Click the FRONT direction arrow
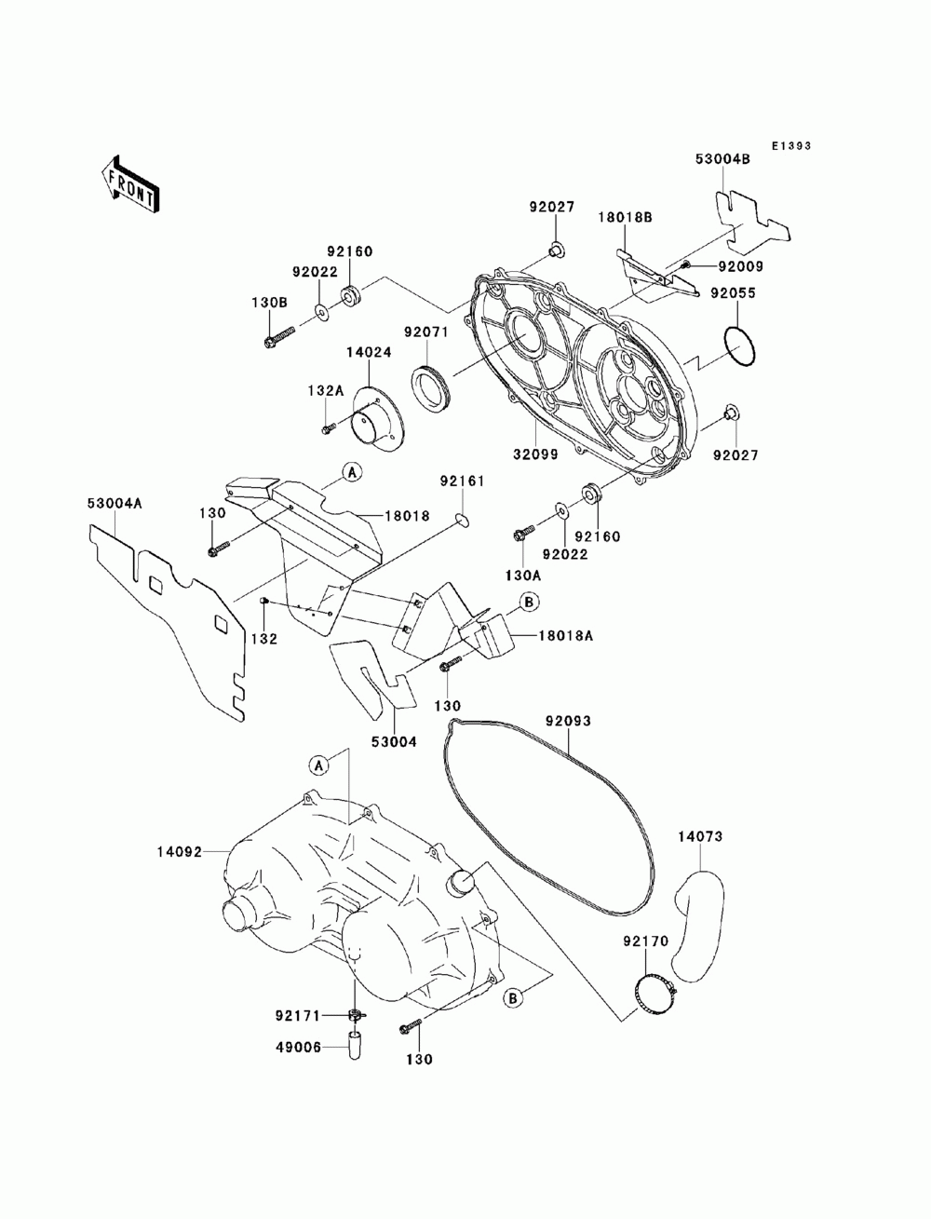[x=129, y=183]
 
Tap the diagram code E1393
[x=790, y=146]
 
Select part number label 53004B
[x=722, y=159]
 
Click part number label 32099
[x=535, y=454]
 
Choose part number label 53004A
[x=115, y=503]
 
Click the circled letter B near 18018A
[x=529, y=602]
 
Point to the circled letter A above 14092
[x=318, y=765]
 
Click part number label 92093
[x=568, y=721]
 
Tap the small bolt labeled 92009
[x=688, y=264]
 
